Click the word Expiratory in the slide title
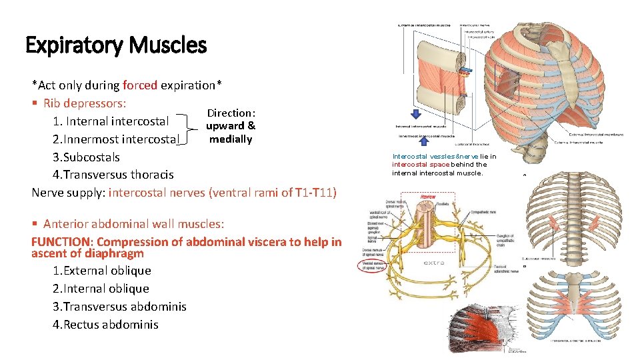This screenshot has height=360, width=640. click(x=74, y=45)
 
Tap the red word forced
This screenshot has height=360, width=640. click(x=140, y=85)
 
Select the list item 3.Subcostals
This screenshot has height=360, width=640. click(x=86, y=157)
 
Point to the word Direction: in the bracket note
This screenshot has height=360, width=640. click(x=231, y=113)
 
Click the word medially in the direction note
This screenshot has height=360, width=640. click(x=231, y=139)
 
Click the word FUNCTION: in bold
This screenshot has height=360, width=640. click(x=61, y=242)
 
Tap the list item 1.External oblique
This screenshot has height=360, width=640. click(x=101, y=271)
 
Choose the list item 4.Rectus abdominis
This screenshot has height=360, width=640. click(x=105, y=325)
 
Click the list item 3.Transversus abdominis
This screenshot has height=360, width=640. click(x=119, y=307)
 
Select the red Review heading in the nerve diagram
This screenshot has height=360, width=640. click(x=427, y=197)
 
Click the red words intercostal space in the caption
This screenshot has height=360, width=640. click(x=421, y=164)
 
